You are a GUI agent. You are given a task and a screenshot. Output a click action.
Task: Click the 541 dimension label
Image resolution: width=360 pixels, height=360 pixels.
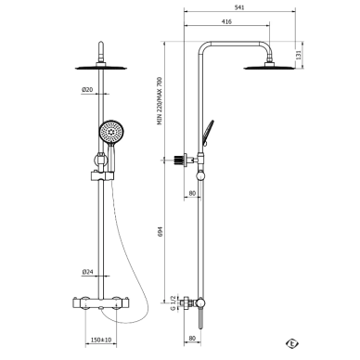point(239,7)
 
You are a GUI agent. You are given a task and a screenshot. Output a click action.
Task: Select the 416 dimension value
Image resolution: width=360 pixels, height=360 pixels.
point(226,21)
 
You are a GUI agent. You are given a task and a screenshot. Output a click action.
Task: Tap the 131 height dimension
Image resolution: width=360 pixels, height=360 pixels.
point(299,55)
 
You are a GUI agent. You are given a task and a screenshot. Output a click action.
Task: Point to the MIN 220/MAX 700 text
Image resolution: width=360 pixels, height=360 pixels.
point(160,101)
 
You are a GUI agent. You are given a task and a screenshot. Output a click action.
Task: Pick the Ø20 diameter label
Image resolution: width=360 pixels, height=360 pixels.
point(87,90)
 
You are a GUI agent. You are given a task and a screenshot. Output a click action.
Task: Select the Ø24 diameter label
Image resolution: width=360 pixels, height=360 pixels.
point(87,272)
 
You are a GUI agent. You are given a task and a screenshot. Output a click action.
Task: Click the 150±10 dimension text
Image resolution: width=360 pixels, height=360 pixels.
point(101,340)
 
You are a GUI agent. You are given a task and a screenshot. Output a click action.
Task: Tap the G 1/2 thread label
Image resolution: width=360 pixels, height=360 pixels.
point(174,302)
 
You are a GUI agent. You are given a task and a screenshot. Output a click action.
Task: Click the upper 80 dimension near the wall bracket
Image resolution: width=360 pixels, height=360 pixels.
point(192,193)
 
